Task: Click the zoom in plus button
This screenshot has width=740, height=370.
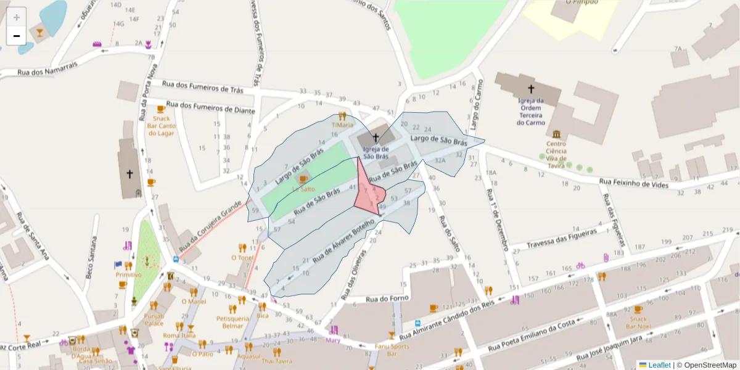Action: point(17,17)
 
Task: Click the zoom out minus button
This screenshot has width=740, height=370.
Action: point(17,36)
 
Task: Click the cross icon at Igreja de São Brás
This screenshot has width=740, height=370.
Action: point(375,137)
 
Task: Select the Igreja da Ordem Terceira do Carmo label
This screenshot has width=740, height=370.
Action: point(530,111)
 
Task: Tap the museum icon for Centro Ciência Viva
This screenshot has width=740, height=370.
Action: point(557,134)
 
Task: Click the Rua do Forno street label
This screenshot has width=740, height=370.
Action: point(389,299)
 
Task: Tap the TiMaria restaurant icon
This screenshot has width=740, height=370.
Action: point(342,116)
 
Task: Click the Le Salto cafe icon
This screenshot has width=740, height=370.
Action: point(302,179)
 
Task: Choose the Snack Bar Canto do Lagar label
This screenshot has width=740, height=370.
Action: point(161,126)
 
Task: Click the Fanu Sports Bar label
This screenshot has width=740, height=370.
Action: point(392,350)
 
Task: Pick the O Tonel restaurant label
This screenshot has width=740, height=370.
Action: point(242,257)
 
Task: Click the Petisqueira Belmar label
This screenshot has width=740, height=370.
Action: point(233,322)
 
